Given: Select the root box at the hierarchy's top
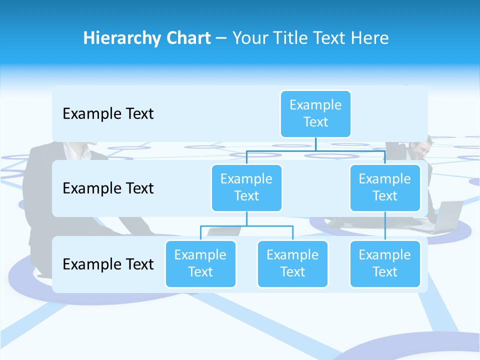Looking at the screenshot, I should [x=315, y=113].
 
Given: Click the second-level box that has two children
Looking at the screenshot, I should [x=246, y=187].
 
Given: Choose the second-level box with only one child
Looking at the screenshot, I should [x=385, y=187].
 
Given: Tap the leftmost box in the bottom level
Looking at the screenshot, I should [x=200, y=263].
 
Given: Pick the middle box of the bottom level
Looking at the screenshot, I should [x=292, y=263].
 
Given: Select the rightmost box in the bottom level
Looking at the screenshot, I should [x=385, y=263].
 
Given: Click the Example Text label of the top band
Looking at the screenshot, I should [x=108, y=114].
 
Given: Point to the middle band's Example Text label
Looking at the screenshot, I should [x=108, y=188].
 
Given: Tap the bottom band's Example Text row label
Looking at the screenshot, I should [x=108, y=264].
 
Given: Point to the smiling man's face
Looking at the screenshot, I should [x=416, y=148].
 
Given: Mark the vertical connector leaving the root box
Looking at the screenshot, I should [x=315, y=144].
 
